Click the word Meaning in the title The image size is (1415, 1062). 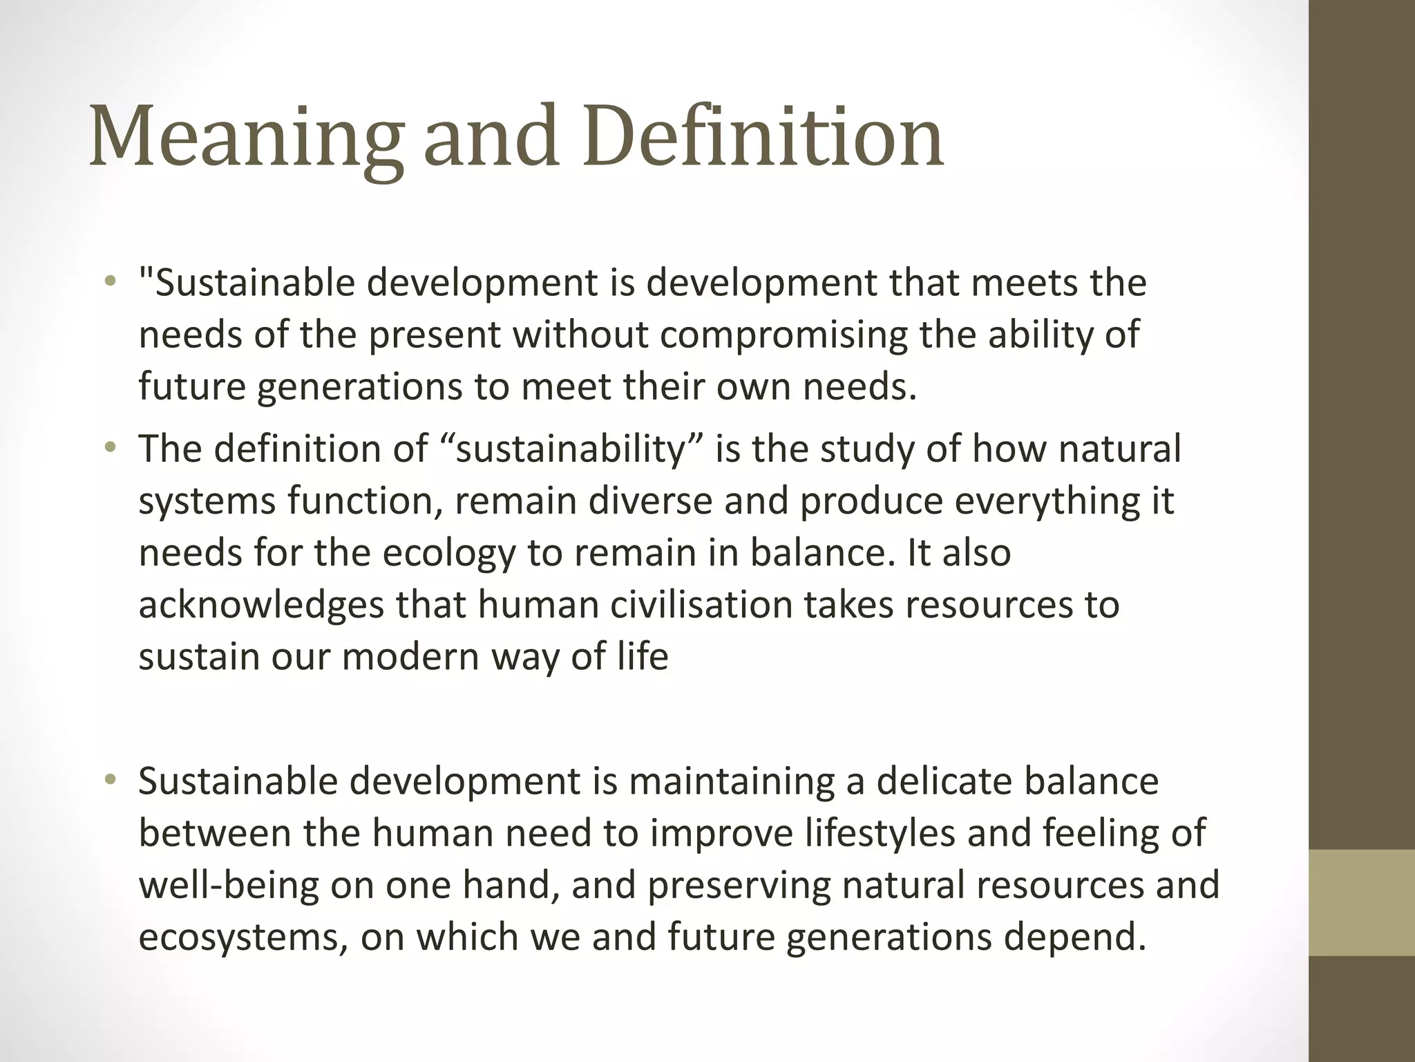pos(245,136)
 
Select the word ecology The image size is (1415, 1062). pos(449,553)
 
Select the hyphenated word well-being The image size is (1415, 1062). pos(229,886)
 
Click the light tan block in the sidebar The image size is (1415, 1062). pos(1361,902)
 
